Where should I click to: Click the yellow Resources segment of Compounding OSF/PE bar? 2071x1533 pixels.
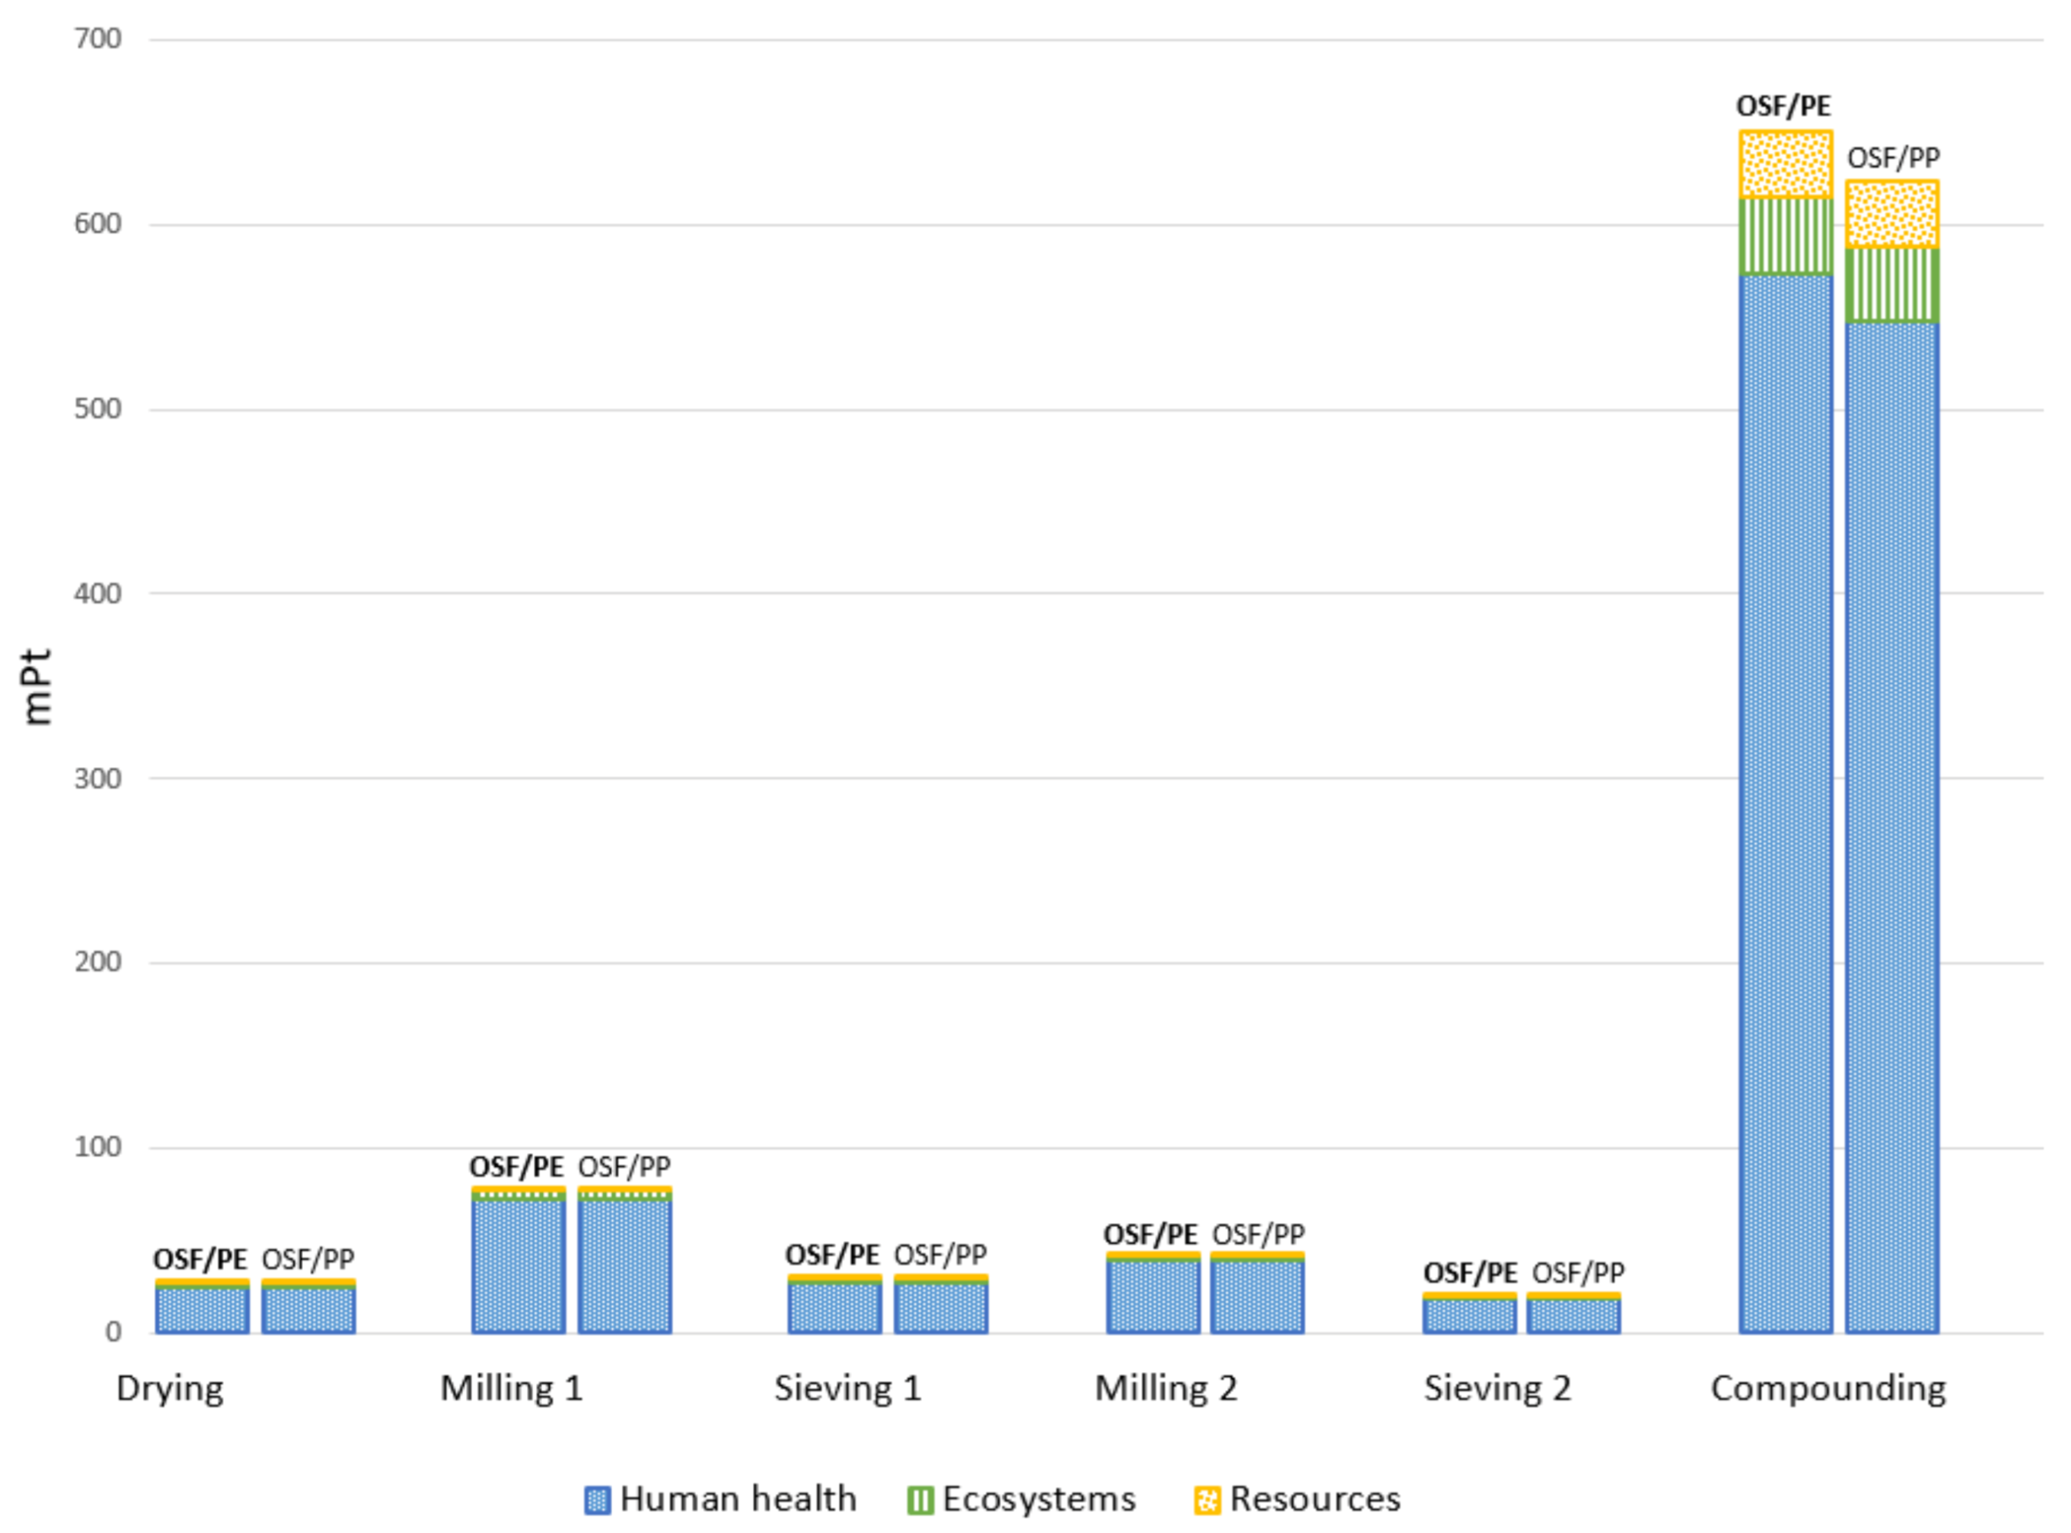pyautogui.click(x=1785, y=165)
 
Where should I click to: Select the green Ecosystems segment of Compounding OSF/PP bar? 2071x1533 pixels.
pyautogui.click(x=1892, y=285)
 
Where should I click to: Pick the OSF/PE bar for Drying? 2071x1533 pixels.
pyautogui.click(x=201, y=1308)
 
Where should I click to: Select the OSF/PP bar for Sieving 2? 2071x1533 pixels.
pyautogui.click(x=1573, y=1314)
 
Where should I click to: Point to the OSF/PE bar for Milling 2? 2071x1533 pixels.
pyautogui.click(x=1153, y=1295)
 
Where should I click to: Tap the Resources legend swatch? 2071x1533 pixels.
pyautogui.click(x=1207, y=1500)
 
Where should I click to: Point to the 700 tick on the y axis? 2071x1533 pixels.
pyautogui.click(x=98, y=39)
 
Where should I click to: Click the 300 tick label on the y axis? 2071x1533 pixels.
pyautogui.click(x=98, y=778)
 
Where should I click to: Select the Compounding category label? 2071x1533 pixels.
pyautogui.click(x=1828, y=1388)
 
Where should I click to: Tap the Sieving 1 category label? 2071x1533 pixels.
pyautogui.click(x=848, y=1388)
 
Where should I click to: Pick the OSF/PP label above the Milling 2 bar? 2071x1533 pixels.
pyautogui.click(x=1258, y=1235)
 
